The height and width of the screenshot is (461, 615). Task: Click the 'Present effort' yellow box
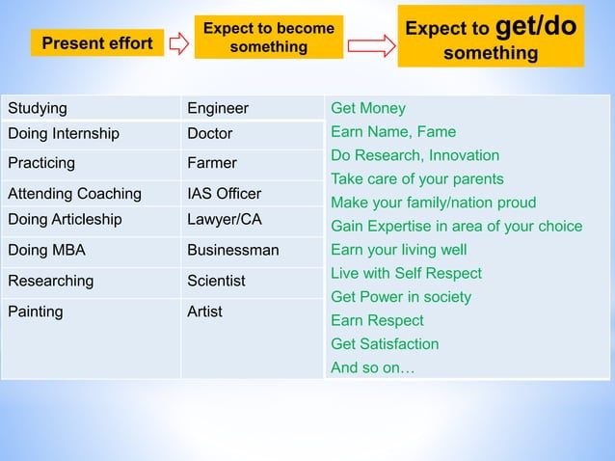(96, 43)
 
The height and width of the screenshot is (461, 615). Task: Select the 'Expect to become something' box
(268, 38)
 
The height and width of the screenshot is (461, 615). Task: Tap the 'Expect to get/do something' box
(490, 37)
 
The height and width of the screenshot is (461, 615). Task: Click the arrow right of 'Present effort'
(178, 43)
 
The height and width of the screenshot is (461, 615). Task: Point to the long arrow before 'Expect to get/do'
(371, 44)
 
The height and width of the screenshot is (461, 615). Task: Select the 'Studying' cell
(91, 108)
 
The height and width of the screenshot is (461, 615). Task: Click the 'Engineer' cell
(252, 108)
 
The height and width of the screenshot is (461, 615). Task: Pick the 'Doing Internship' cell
(91, 134)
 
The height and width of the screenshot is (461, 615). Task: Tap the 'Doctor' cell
(252, 134)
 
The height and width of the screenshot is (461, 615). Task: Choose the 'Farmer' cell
(252, 163)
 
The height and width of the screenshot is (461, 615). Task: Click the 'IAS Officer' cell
(252, 194)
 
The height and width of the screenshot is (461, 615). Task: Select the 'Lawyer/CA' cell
(252, 220)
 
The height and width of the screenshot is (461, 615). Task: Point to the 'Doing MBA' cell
(91, 251)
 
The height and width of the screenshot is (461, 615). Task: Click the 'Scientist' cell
(252, 281)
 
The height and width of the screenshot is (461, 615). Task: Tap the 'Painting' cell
(91, 312)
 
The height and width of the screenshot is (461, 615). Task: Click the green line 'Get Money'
(368, 108)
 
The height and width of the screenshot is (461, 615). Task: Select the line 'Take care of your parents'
(416, 178)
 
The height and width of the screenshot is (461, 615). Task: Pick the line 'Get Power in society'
(401, 297)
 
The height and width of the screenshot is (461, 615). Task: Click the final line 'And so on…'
(372, 367)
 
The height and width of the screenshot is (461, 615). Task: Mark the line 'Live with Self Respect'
(406, 273)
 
